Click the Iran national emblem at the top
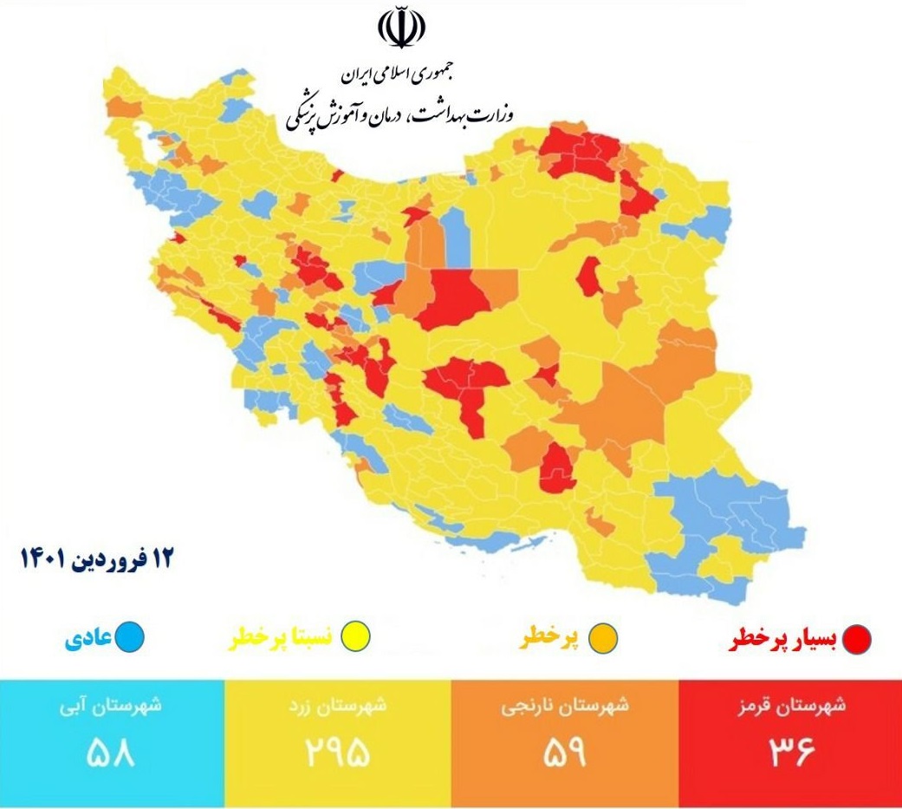coord(401,29)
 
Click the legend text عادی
coord(88,640)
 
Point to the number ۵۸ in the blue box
coord(111,752)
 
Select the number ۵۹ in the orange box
coord(564,752)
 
